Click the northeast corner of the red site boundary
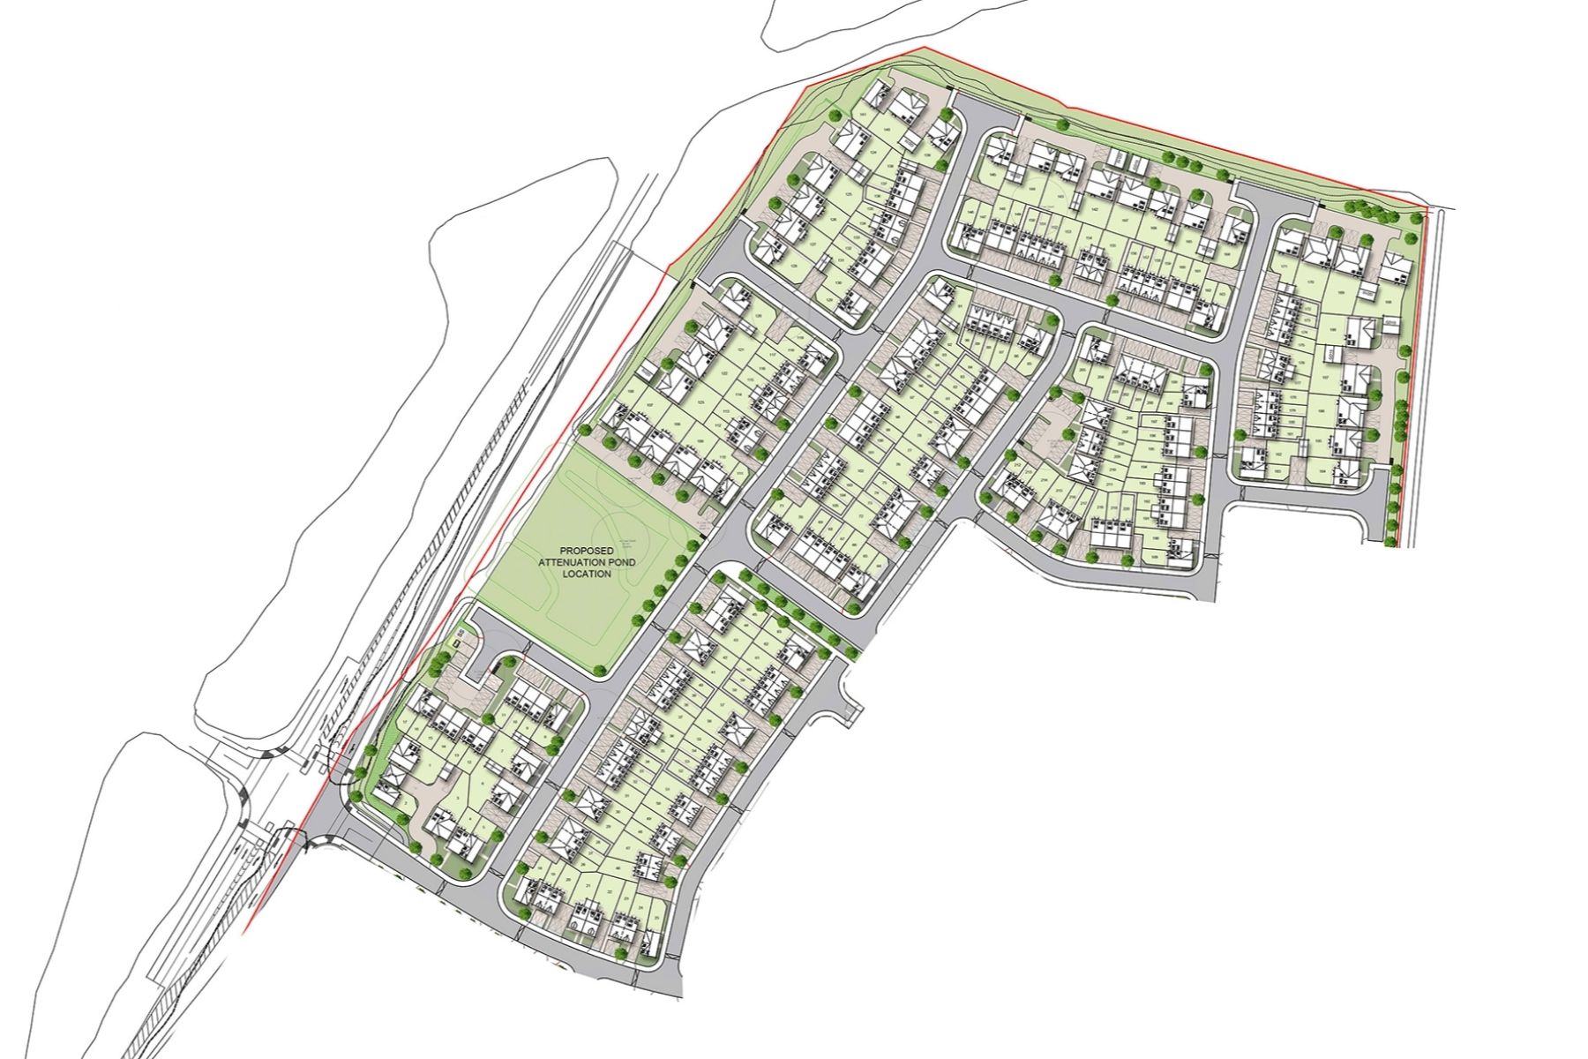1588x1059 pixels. [x=1426, y=208]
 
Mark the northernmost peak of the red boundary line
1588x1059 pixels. [x=924, y=48]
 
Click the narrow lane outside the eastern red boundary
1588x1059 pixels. [x=1434, y=371]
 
